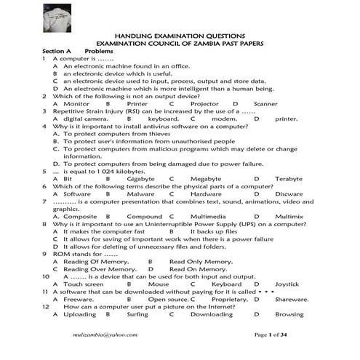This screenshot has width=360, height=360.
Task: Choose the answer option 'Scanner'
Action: (x=266, y=104)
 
